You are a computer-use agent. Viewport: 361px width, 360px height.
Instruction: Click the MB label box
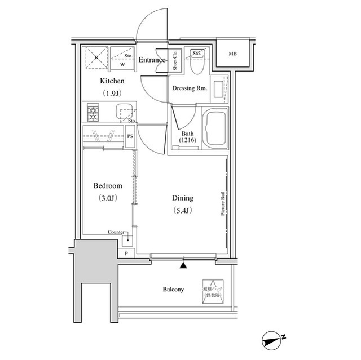(232, 54)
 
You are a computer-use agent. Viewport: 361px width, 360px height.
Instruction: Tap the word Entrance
(152, 60)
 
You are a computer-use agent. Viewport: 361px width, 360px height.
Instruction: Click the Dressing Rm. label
(189, 88)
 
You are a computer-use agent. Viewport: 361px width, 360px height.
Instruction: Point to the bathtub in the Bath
(214, 129)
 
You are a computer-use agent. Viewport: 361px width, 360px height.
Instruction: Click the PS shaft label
(130, 136)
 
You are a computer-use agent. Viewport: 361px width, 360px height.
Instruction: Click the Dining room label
(182, 198)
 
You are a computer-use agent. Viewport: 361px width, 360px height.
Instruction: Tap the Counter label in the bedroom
(117, 233)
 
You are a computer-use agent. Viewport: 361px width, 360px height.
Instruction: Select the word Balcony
(173, 290)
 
